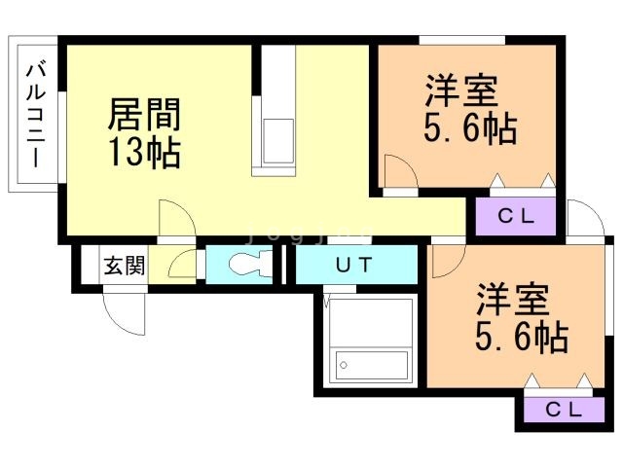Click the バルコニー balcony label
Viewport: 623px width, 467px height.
pos(36,115)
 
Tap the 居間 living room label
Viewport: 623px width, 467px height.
pos(145,115)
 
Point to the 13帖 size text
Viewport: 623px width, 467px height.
pos(145,152)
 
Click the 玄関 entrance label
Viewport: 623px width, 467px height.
pos(125,266)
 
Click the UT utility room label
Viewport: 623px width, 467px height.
pos(354,265)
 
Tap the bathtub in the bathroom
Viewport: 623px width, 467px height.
pos(372,365)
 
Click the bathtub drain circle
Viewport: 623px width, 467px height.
pos(344,365)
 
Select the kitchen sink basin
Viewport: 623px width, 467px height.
pos(278,140)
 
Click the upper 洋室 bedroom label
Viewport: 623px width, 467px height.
pos(461,90)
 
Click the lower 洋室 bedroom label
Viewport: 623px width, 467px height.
pos(513,300)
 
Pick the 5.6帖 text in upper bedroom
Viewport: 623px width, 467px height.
pos(470,128)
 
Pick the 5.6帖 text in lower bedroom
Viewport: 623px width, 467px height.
pos(522,338)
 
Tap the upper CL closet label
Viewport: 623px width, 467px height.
pos(516,216)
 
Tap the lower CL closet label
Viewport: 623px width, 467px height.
pos(564,410)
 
